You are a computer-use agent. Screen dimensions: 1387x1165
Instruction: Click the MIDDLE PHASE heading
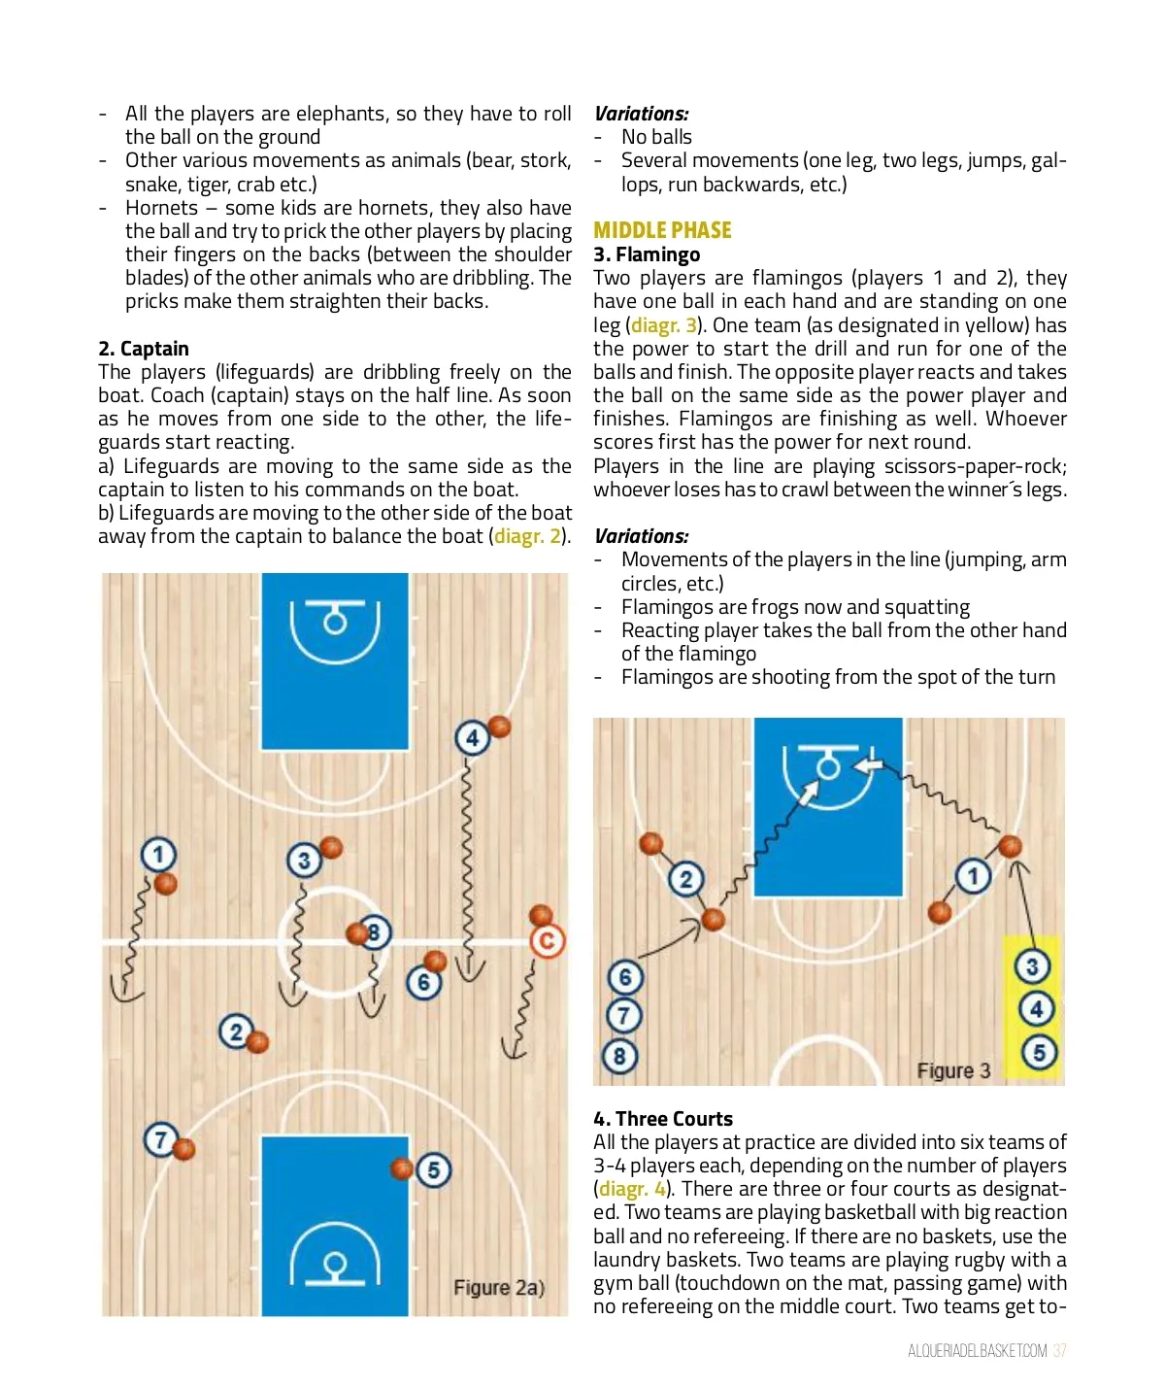[x=662, y=230]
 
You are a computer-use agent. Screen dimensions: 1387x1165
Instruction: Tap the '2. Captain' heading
[x=144, y=349]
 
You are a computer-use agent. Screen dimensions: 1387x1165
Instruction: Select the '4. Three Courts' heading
[x=663, y=1119]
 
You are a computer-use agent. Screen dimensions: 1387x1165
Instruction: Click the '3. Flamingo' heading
[x=647, y=254]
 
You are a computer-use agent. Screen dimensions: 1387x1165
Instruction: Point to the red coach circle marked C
[x=547, y=940]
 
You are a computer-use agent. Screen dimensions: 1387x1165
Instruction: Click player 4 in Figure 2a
[x=472, y=738]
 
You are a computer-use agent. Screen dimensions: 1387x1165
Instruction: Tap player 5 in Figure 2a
[x=434, y=1170]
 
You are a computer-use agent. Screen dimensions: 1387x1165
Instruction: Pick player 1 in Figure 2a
[x=158, y=855]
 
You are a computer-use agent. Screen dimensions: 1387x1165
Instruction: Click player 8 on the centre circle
[x=374, y=933]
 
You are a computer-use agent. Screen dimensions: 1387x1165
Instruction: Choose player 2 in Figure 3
[x=685, y=879]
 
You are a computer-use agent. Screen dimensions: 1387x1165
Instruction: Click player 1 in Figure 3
[x=973, y=876]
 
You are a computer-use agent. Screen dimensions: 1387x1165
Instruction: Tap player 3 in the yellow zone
[x=1032, y=965]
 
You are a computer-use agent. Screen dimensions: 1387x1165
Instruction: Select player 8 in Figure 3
[x=620, y=1056]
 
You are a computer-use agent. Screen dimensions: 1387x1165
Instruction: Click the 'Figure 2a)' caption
[x=499, y=1288]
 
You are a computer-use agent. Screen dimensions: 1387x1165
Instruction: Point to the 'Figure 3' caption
[x=953, y=1070]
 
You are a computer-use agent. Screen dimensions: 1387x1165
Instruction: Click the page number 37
[x=1059, y=1351]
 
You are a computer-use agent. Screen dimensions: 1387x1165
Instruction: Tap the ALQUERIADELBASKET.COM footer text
[x=977, y=1351]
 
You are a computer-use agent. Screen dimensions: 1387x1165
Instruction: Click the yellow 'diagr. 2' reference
[x=527, y=536]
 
